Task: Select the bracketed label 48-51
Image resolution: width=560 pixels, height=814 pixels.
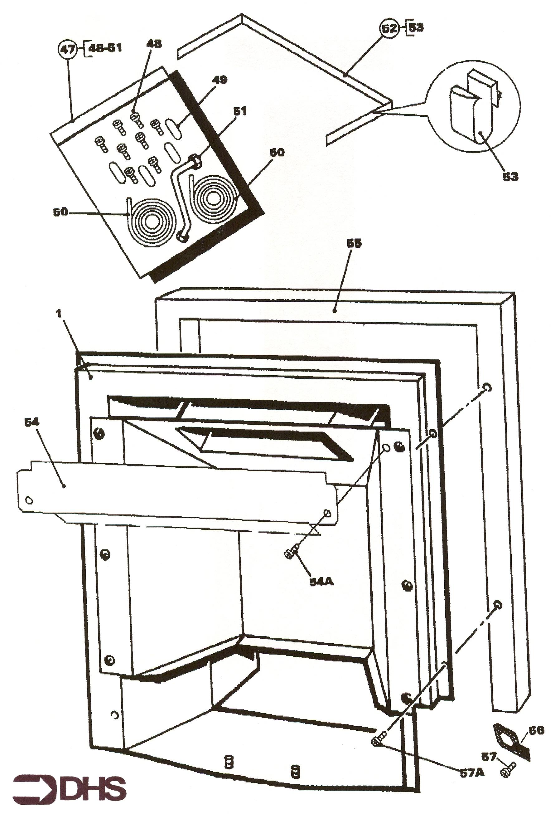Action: coord(104,48)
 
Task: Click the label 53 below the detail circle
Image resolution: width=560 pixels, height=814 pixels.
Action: coord(510,176)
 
